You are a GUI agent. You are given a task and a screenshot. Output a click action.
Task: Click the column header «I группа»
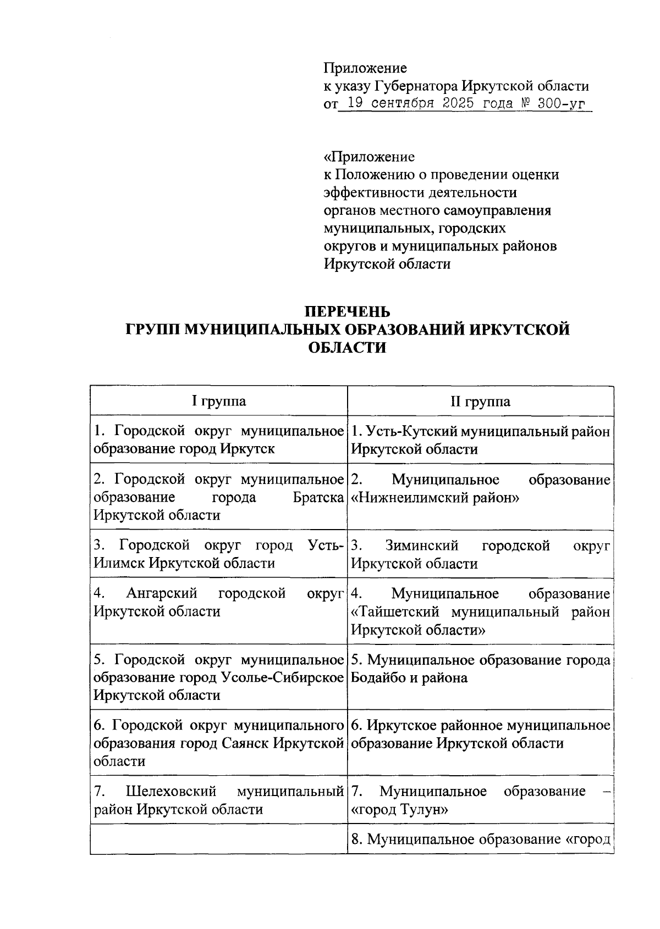click(218, 402)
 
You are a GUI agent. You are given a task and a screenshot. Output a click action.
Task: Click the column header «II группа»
click(480, 402)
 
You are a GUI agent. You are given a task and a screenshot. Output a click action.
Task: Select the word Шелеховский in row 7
click(171, 792)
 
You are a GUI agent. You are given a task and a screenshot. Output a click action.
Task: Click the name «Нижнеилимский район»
click(435, 498)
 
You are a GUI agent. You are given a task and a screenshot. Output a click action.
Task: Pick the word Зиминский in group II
click(422, 546)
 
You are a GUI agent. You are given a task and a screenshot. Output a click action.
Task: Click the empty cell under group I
click(218, 839)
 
